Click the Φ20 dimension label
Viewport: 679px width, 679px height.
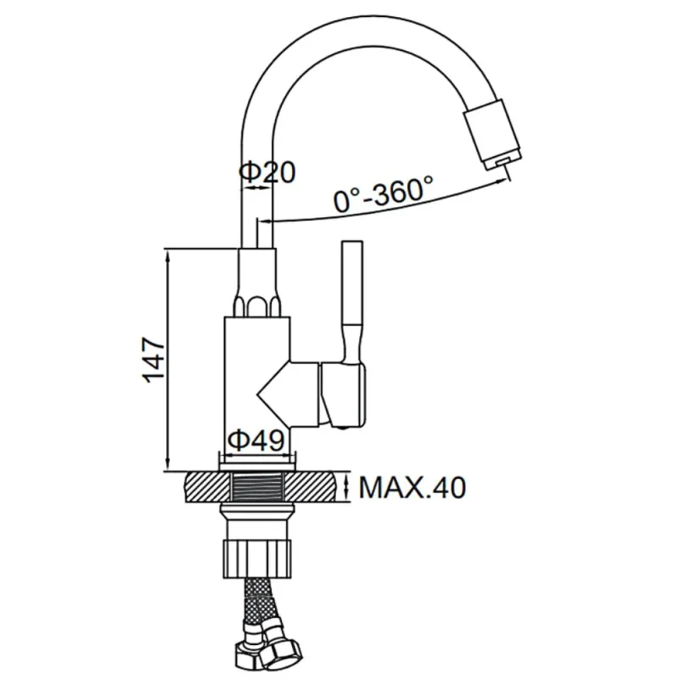tap(267, 172)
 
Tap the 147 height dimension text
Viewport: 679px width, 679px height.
tap(154, 360)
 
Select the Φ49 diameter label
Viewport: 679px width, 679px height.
tap(256, 441)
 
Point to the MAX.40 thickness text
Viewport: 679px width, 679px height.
tap(412, 487)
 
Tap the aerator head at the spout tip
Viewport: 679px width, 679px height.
tap(493, 135)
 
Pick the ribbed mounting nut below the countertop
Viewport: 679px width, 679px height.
tap(258, 558)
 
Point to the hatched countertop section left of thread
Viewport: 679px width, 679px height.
tap(207, 487)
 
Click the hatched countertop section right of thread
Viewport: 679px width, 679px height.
tap(311, 487)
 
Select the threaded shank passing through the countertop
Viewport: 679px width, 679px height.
tap(258, 487)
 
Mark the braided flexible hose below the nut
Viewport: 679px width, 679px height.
tap(259, 603)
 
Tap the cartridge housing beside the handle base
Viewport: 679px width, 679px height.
tap(343, 394)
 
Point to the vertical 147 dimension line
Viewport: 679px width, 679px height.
tap(168, 359)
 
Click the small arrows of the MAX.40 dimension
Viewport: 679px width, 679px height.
tap(346, 486)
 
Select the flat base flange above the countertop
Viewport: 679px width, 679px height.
tap(258, 466)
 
